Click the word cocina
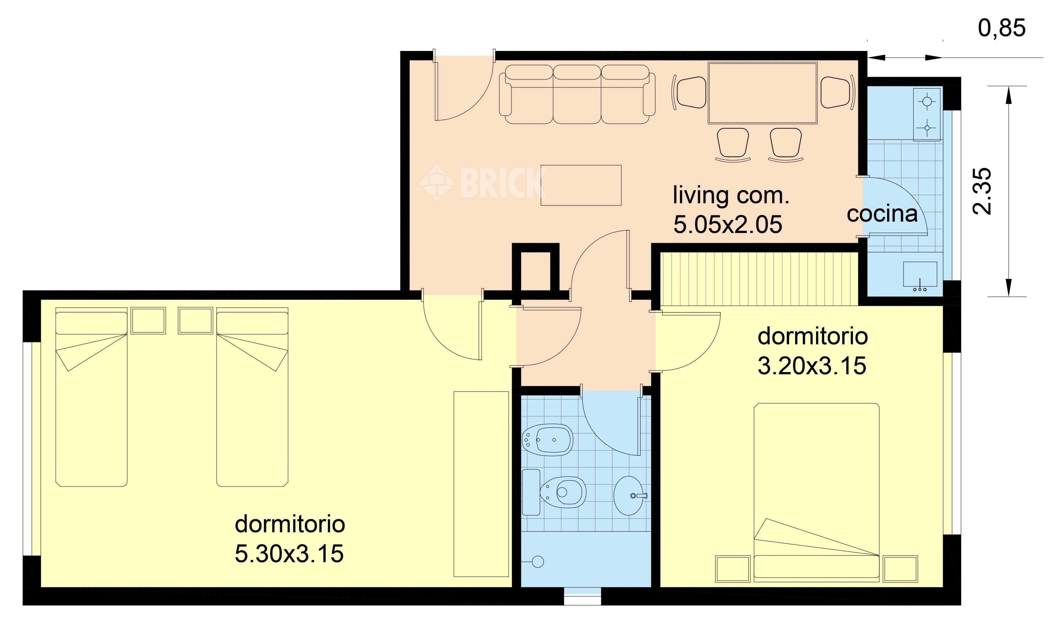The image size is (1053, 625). (882, 214)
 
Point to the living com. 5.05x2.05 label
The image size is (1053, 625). (731, 210)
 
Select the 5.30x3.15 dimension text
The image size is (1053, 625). (289, 553)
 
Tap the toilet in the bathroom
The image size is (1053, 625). (554, 492)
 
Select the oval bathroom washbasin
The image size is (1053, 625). (630, 496)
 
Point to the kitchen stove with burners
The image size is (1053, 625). (927, 114)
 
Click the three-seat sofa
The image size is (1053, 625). (577, 94)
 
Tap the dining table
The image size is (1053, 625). (762, 93)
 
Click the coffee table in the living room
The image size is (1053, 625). (581, 185)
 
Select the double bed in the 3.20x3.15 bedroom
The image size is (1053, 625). (816, 492)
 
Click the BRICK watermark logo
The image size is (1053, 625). (483, 183)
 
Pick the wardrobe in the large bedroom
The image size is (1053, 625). (481, 484)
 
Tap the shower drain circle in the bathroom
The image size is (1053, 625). (538, 561)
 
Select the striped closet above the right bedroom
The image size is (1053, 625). (759, 279)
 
